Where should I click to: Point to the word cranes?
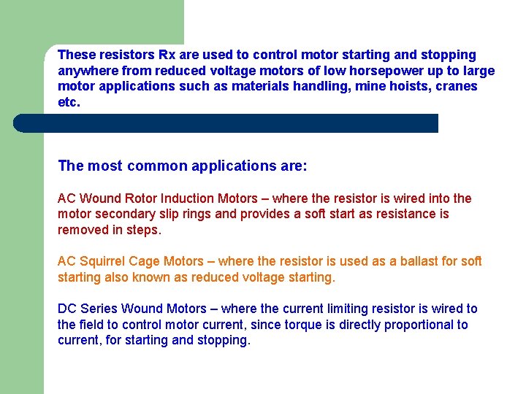[x=457, y=87]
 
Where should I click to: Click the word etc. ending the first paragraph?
[x=69, y=103]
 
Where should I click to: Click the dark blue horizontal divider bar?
[x=226, y=123]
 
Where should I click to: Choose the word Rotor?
[x=138, y=198]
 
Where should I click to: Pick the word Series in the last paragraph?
[x=99, y=309]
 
